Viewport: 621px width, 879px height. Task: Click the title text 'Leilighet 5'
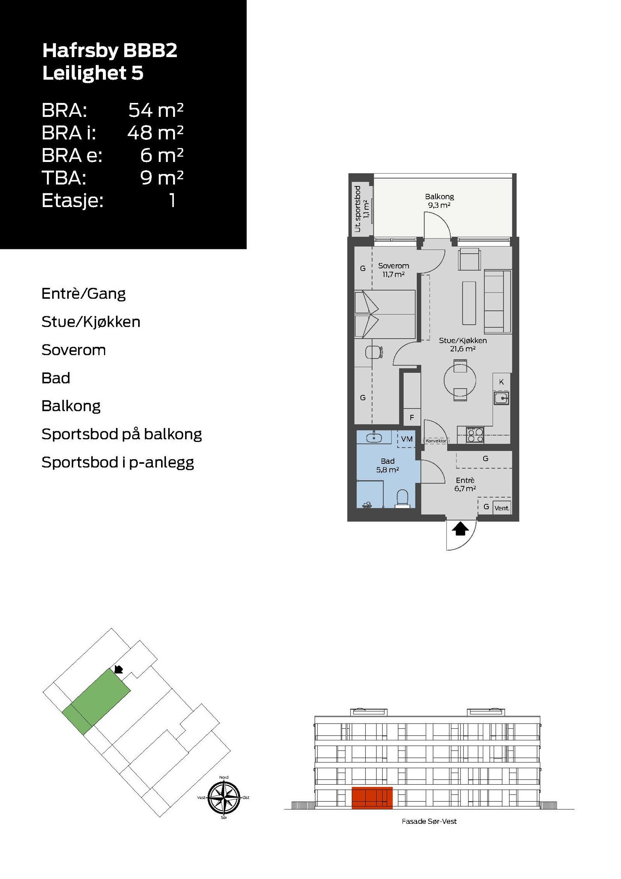coord(93,73)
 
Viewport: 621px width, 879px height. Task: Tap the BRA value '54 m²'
coord(156,110)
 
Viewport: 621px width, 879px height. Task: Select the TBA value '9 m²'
coord(161,178)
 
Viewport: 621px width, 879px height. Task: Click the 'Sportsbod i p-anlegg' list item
coord(118,462)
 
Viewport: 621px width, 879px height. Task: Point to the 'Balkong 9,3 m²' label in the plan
coord(439,201)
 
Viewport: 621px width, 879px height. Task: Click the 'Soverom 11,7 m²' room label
coord(394,270)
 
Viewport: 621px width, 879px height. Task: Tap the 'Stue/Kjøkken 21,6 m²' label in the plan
coord(463,345)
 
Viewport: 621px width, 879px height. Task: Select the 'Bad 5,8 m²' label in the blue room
coord(387,465)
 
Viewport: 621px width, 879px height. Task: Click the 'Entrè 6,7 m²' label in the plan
coord(465,484)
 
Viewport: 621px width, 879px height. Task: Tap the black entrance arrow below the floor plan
coord(460,529)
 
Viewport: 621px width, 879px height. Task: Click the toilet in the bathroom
coord(402,498)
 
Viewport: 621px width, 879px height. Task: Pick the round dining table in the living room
coord(460,380)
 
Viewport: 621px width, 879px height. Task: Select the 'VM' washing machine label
coord(407,439)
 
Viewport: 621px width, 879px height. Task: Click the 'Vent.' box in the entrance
coord(502,508)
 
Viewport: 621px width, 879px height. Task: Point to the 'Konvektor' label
coord(436,441)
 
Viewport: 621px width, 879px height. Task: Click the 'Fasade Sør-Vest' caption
coord(429,822)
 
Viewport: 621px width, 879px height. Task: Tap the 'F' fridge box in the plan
coord(412,418)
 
